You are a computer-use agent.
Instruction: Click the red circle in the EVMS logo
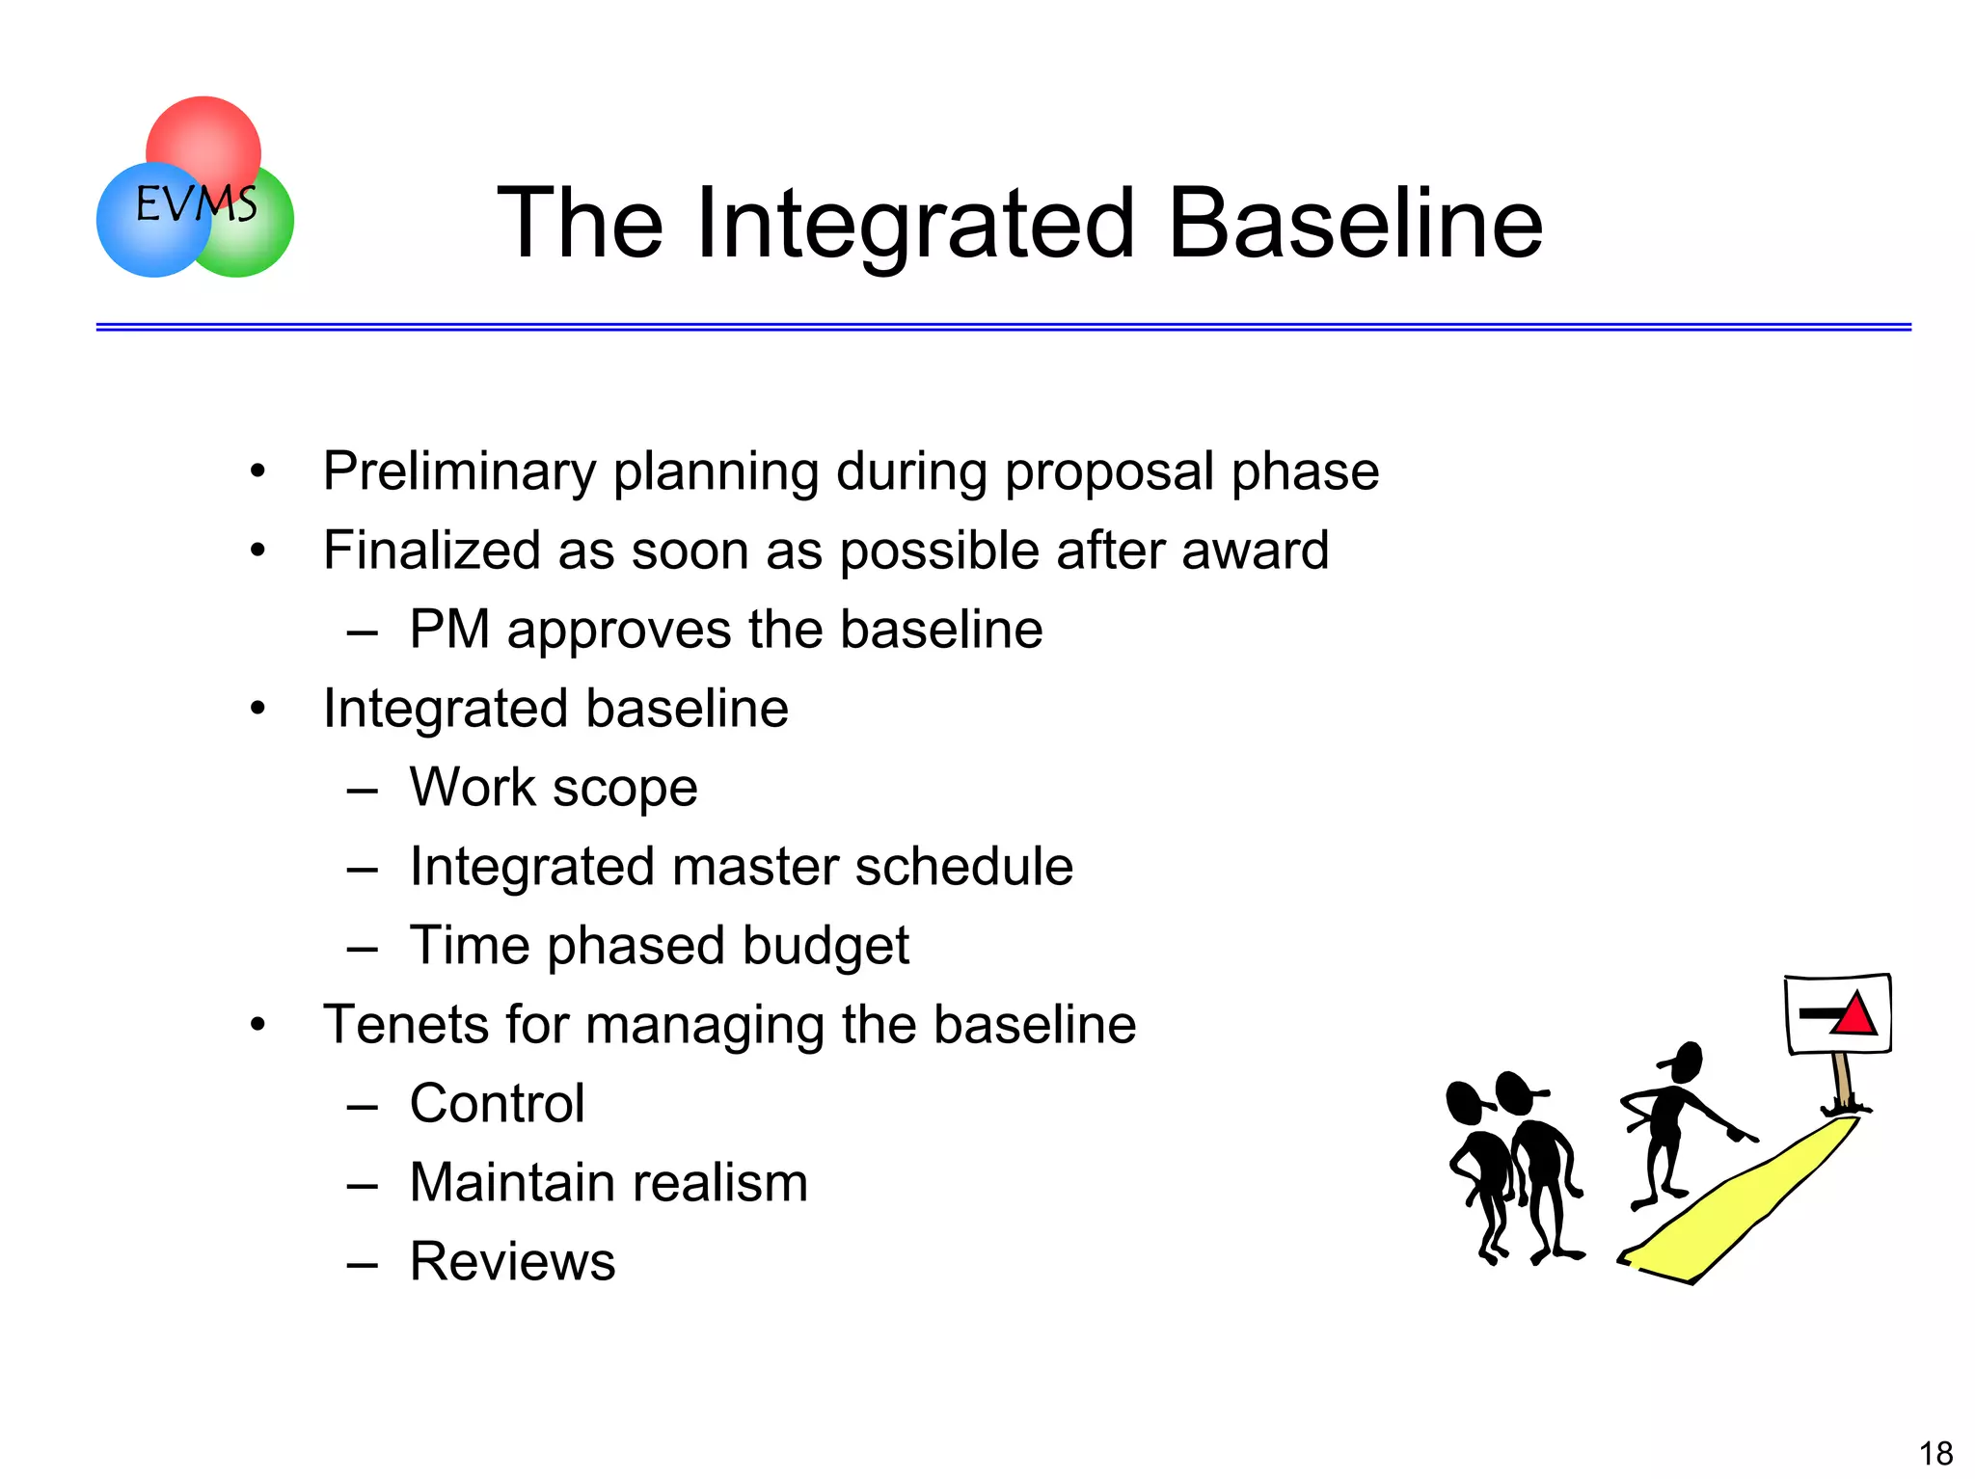(x=203, y=135)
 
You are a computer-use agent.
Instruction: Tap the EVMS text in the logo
(x=196, y=203)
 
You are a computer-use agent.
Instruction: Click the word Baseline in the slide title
(x=1355, y=224)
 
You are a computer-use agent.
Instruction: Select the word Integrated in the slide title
(x=914, y=224)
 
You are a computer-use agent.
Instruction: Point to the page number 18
(x=1935, y=1453)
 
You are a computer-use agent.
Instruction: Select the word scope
(x=625, y=789)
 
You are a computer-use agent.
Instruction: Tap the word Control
(x=497, y=1103)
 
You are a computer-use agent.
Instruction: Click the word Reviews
(x=512, y=1261)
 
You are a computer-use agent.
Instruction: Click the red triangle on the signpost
(x=1853, y=1016)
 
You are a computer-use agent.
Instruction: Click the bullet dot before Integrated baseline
(x=257, y=709)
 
